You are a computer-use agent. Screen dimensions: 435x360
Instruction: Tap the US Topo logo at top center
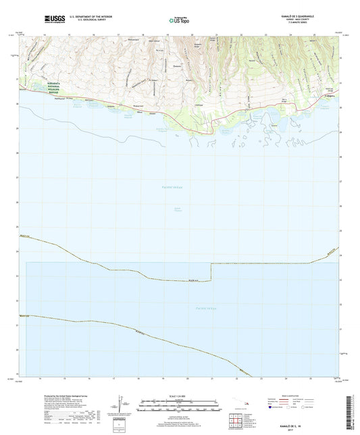point(179,20)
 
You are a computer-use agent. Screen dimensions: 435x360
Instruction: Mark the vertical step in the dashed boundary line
point(211,272)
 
